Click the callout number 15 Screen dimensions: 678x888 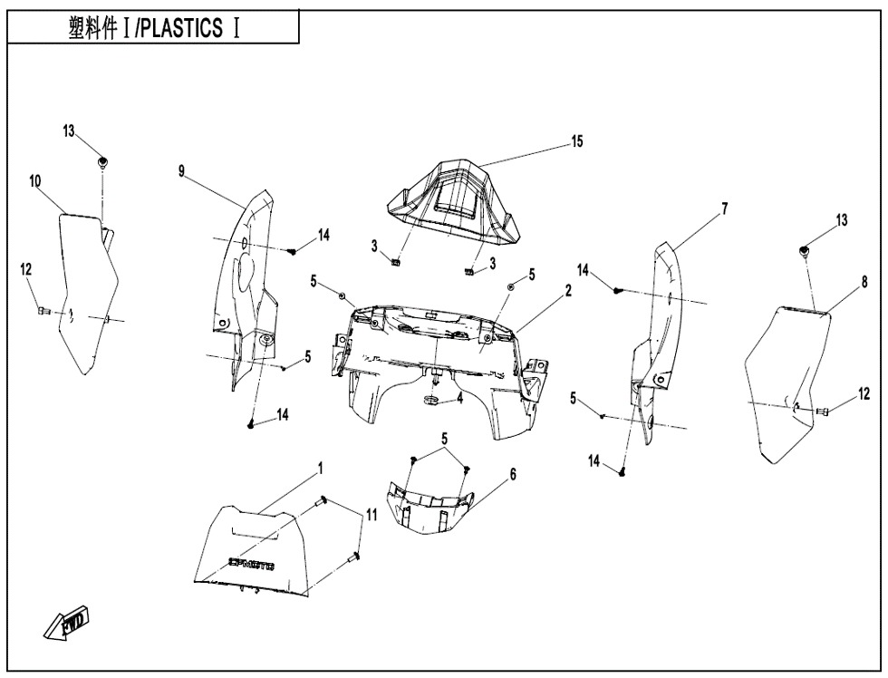(x=576, y=141)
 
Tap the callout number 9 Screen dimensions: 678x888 (x=182, y=171)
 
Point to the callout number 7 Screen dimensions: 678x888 (x=724, y=209)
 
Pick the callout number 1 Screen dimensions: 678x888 (x=319, y=470)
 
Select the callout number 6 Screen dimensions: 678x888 (x=513, y=474)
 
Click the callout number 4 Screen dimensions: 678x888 (x=459, y=397)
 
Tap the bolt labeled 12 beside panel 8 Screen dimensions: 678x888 (x=823, y=412)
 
